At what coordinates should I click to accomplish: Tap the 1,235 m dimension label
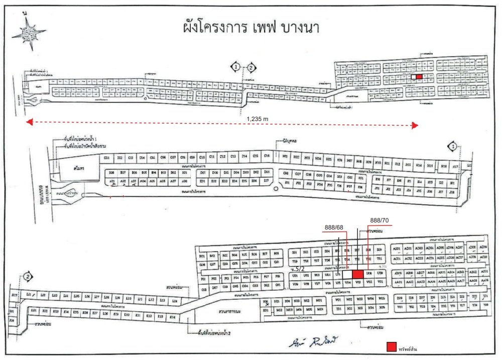pyautogui.click(x=258, y=118)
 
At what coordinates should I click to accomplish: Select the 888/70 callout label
pyautogui.click(x=379, y=220)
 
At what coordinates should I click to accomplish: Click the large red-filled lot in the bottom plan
pyautogui.click(x=358, y=275)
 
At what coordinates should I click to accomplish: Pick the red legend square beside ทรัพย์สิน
pyautogui.click(x=391, y=347)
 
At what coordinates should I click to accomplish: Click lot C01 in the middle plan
pyautogui.click(x=106, y=158)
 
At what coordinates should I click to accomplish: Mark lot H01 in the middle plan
pyautogui.click(x=285, y=157)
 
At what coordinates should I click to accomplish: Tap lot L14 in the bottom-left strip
pyautogui.click(x=174, y=300)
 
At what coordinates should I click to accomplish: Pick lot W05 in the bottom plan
pyautogui.click(x=382, y=298)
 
